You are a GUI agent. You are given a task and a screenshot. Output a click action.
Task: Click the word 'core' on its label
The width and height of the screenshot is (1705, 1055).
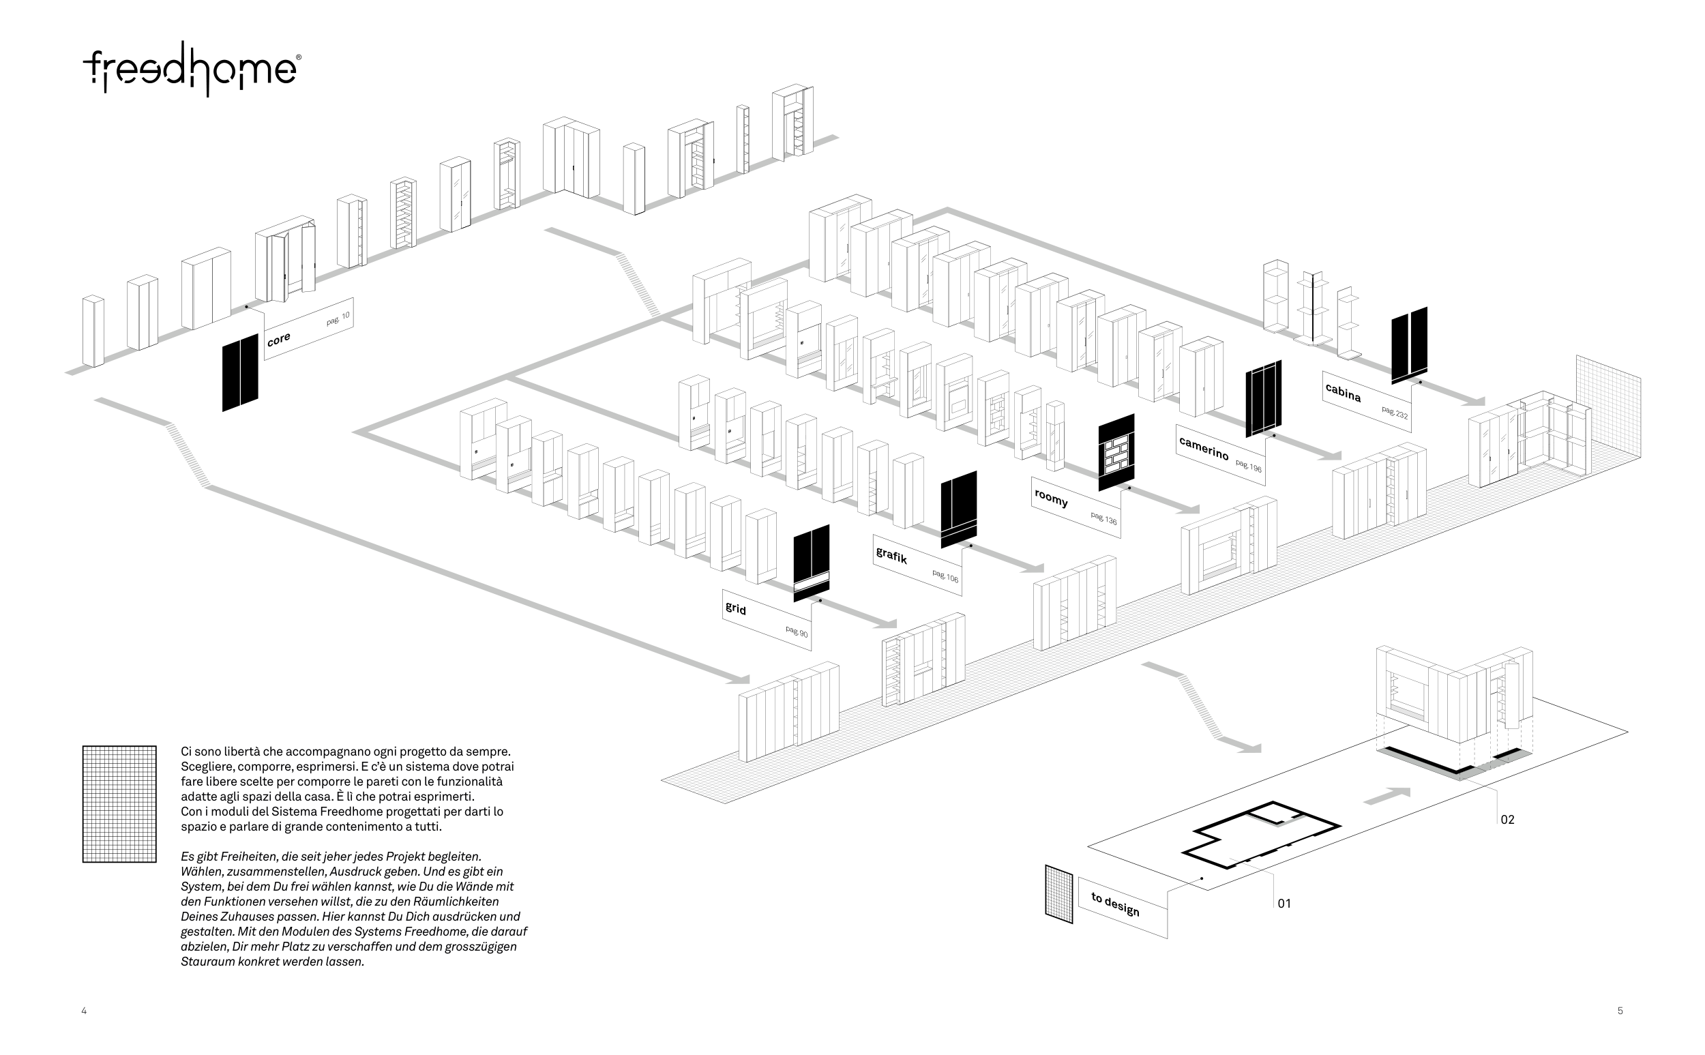278,340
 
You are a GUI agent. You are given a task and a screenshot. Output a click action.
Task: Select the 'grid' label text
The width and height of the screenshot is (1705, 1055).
736,608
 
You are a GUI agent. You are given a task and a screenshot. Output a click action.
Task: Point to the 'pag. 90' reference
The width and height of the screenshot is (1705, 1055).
796,631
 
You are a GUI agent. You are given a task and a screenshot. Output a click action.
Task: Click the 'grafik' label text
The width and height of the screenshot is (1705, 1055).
891,556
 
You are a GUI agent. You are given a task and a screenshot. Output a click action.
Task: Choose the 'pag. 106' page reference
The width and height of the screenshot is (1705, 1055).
945,576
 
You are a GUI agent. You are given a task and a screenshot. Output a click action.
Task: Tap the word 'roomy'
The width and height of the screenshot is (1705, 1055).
1051,498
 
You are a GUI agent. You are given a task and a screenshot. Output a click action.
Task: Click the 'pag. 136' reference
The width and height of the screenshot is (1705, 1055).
1103,518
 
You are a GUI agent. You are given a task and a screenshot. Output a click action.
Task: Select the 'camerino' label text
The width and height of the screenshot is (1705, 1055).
1204,448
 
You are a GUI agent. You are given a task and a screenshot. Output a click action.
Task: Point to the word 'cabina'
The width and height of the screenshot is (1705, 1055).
1343,393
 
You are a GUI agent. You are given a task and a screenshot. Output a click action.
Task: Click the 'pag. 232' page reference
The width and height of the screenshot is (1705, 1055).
1395,413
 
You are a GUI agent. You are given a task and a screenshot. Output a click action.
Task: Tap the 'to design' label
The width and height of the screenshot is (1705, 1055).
1115,905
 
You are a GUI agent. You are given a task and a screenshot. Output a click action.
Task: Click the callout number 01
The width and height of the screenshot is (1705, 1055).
1284,904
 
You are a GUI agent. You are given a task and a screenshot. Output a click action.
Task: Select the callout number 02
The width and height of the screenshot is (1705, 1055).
1508,820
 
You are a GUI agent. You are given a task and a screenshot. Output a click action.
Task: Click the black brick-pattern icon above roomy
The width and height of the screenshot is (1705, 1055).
1116,452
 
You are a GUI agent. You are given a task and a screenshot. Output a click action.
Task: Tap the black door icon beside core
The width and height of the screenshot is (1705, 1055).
240,372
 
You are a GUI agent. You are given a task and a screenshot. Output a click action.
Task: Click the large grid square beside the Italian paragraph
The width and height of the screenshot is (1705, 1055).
119,804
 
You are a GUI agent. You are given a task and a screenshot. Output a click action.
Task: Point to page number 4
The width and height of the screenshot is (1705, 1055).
84,1011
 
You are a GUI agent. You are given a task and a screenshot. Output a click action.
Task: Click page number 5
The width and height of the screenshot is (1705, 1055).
1620,1011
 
